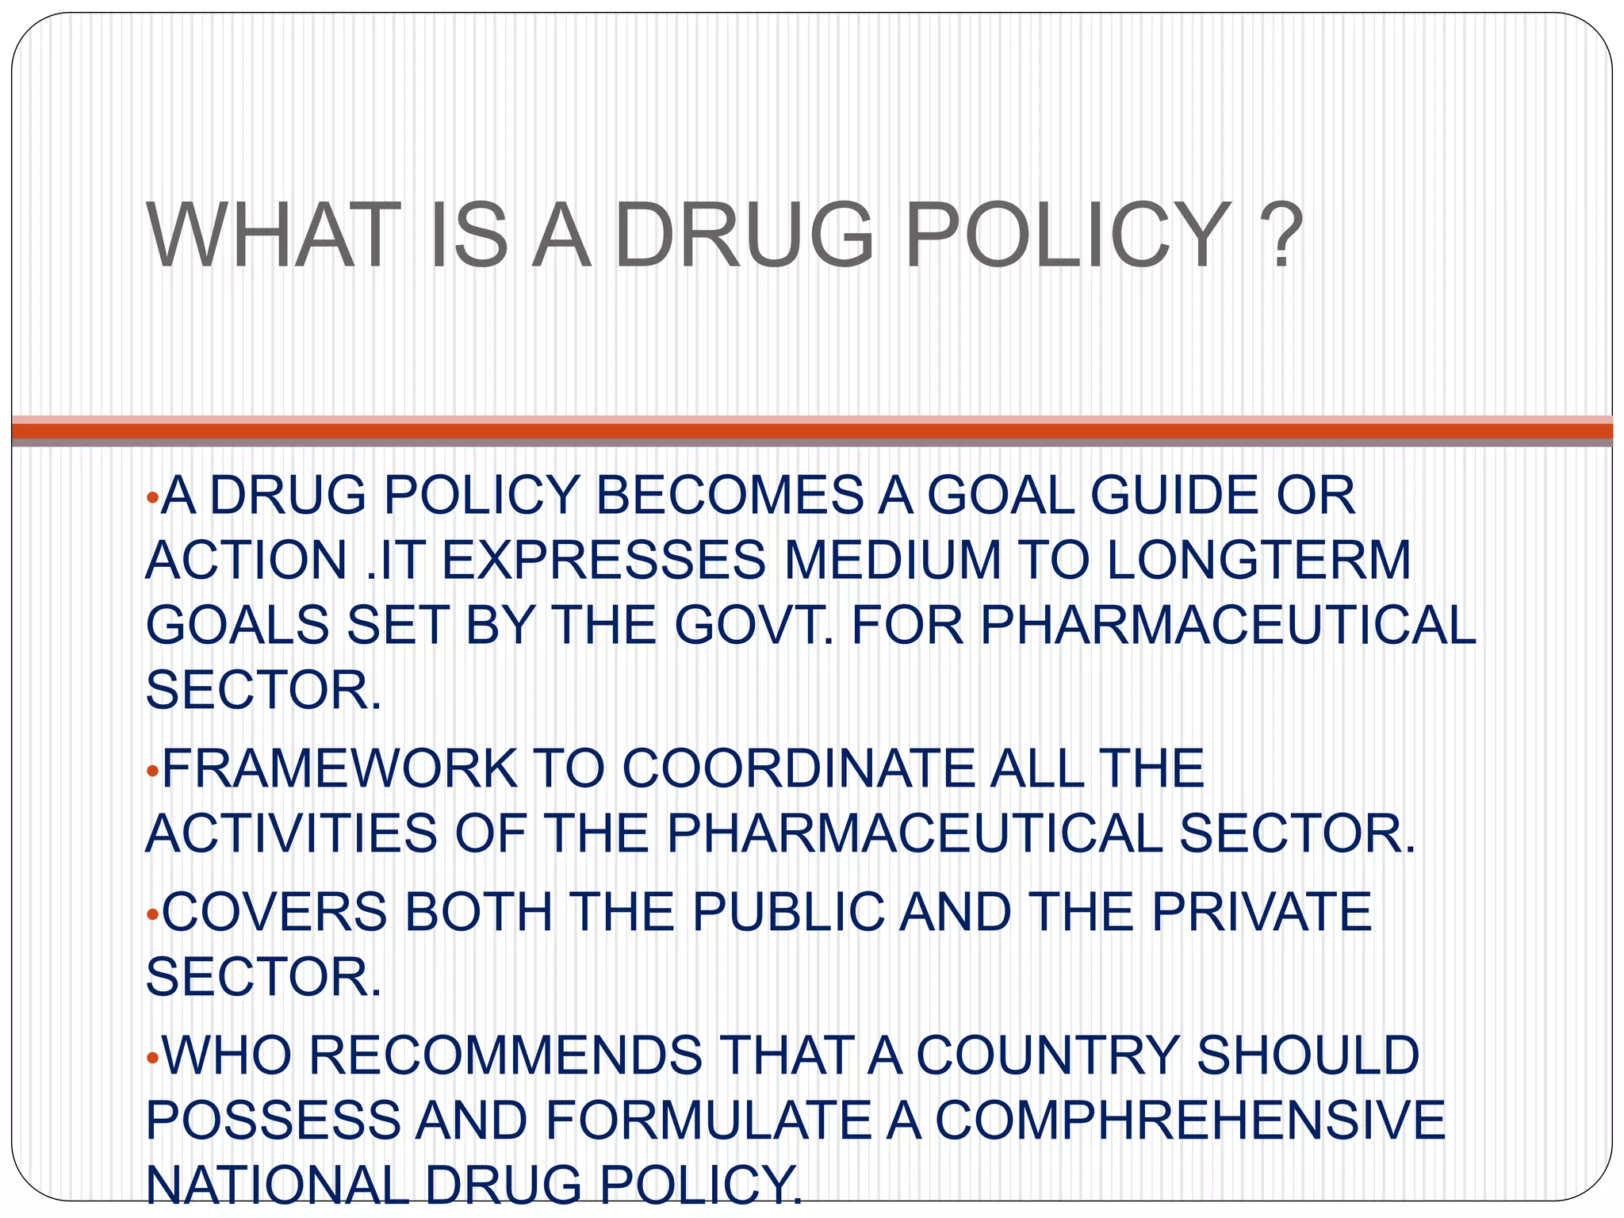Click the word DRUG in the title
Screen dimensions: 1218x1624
(744, 236)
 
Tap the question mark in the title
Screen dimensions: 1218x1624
(1281, 236)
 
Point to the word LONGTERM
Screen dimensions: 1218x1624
(1258, 561)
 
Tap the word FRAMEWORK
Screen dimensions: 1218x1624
(339, 768)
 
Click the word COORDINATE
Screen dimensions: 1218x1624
(798, 768)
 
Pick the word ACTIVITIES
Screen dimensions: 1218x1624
(291, 833)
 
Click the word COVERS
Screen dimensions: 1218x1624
(274, 912)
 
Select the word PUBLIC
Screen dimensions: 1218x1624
(788, 912)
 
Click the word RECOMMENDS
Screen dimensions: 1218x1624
(505, 1055)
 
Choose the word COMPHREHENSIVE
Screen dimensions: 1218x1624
(1190, 1120)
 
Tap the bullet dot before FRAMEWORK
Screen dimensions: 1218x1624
(153, 771)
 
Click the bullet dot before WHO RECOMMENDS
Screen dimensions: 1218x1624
(153, 1058)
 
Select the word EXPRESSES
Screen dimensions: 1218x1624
(603, 561)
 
